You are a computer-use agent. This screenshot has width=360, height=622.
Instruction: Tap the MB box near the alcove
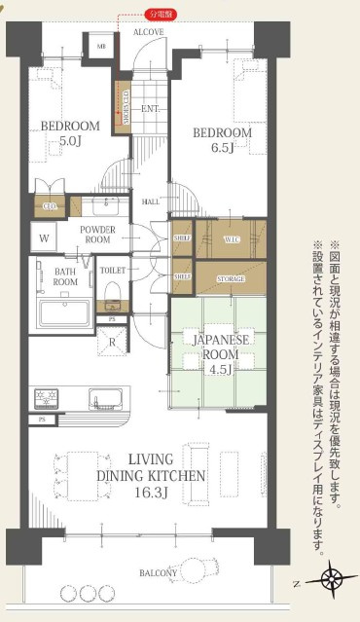[x=100, y=46]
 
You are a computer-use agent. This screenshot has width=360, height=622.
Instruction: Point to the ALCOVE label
[x=148, y=32]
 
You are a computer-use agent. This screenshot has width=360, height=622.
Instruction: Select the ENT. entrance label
[x=150, y=108]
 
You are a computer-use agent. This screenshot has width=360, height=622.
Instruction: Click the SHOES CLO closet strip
[x=124, y=105]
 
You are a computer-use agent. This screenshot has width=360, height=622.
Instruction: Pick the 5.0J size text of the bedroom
[x=69, y=141]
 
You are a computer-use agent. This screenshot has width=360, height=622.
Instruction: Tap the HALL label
[x=151, y=201]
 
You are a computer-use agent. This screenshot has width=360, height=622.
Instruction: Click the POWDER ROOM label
[x=98, y=235]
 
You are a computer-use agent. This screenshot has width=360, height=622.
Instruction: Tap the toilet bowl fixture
[x=112, y=290]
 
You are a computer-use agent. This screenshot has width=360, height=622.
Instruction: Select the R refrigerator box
[x=114, y=341]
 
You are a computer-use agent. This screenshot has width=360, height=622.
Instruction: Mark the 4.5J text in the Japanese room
[x=215, y=369]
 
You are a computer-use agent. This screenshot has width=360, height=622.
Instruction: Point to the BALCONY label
[x=157, y=573]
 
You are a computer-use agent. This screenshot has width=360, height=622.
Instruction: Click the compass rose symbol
[x=332, y=579]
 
